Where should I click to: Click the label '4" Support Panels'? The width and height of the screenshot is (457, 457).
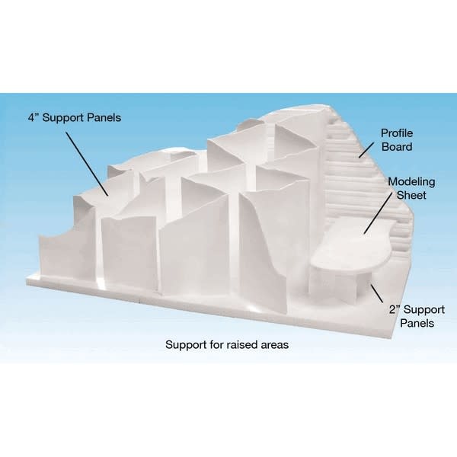click(x=75, y=118)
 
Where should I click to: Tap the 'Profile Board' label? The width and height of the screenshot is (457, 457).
click(x=397, y=140)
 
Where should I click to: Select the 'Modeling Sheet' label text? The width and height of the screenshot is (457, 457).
click(x=411, y=188)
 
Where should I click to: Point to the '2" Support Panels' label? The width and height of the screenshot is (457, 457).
click(x=417, y=316)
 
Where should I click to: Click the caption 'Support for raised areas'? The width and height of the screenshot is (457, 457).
click(x=227, y=345)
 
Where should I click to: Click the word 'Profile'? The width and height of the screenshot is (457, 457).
click(x=397, y=133)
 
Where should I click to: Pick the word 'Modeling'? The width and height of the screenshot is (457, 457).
click(x=411, y=182)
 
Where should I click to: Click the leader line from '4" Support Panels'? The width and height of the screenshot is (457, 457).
click(x=87, y=164)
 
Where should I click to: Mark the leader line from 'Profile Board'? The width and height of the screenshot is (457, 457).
click(x=366, y=150)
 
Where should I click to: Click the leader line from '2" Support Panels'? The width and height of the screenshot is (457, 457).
click(x=376, y=294)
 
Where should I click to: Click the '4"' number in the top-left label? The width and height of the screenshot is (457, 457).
click(x=34, y=117)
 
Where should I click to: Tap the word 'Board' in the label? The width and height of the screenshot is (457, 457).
click(x=397, y=146)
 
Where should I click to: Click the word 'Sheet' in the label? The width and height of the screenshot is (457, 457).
click(x=411, y=195)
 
